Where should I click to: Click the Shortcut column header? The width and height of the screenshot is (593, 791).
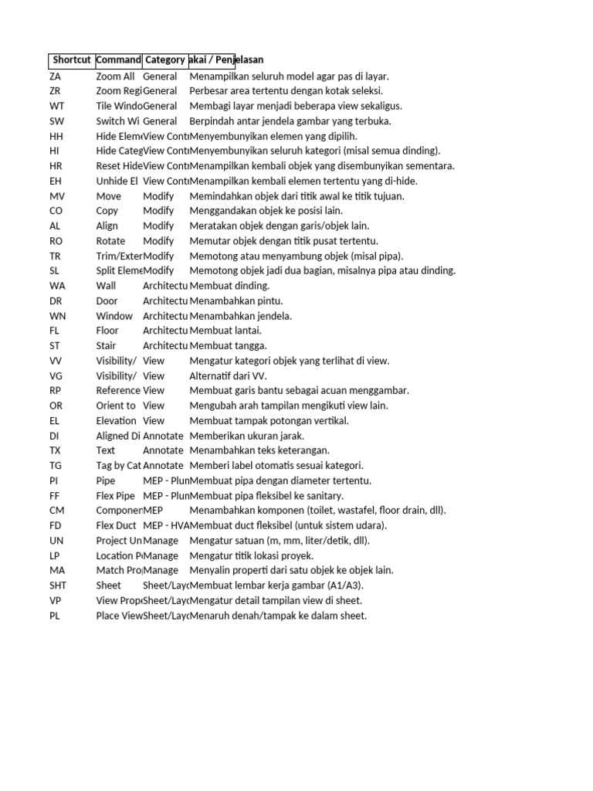pos(72,60)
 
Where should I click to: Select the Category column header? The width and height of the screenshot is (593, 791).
pos(164,60)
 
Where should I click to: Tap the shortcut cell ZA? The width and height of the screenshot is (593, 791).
pos(55,76)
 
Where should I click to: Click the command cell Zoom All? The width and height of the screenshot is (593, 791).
pos(115,76)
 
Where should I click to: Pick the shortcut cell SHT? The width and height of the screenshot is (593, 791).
pos(58,586)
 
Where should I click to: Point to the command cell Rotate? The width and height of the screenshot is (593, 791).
pos(111,241)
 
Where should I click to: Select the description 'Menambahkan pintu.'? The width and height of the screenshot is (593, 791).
pos(236,300)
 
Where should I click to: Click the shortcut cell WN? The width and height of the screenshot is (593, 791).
pos(57,316)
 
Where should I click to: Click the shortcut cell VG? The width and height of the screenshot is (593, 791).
pos(56,375)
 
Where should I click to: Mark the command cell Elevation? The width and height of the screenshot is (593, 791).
pos(116,421)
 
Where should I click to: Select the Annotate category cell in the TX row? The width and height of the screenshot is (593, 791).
pos(163,450)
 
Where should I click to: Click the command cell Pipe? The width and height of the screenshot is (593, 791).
pos(106,480)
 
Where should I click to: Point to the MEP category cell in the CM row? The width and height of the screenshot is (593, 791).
pos(153,511)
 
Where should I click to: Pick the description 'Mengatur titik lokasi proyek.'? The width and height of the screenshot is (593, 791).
pos(252,555)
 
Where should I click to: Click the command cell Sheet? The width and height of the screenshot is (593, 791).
pos(109,586)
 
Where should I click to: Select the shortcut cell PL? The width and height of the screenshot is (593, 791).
pos(54,616)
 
